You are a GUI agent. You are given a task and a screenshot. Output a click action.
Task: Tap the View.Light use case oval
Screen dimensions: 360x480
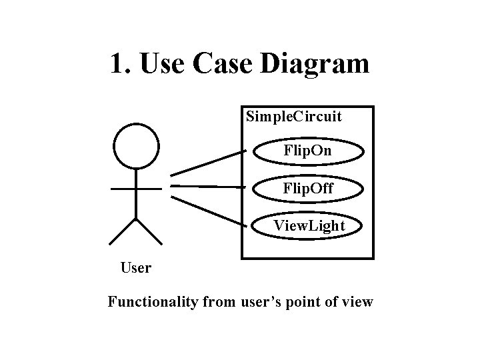(309, 226)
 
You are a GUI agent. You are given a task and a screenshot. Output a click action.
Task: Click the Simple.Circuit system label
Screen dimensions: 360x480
(293, 117)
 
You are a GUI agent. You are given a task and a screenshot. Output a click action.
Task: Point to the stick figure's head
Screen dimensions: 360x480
(136, 146)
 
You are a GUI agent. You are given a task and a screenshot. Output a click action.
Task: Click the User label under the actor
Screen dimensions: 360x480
(136, 268)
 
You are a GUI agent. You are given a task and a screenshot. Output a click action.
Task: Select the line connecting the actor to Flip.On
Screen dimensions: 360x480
(207, 163)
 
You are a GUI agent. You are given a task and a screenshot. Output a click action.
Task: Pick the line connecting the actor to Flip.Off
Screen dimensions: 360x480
(207, 187)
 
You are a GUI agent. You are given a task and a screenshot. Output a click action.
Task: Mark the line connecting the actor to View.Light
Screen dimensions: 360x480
(207, 212)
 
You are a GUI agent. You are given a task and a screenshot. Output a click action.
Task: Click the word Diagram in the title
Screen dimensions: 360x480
(315, 65)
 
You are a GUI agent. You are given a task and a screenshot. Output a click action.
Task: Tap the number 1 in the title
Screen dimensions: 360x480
(117, 64)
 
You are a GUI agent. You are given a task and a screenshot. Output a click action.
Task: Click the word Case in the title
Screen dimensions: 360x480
(224, 64)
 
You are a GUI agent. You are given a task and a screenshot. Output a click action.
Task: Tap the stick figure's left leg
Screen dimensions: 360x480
(123, 231)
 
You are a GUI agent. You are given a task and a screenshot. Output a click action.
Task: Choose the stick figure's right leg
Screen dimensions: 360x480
(149, 231)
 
